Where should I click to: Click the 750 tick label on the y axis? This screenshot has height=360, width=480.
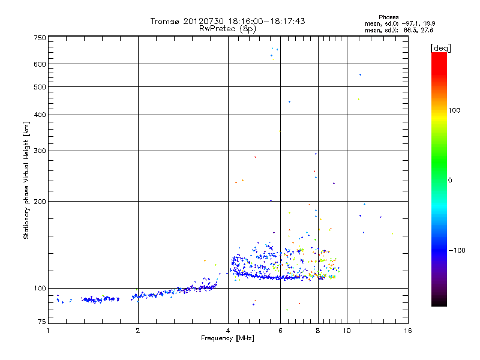click(40, 37)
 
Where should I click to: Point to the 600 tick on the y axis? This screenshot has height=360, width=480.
click(40, 64)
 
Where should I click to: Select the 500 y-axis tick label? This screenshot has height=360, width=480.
click(40, 86)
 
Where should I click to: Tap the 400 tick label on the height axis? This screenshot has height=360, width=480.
click(40, 115)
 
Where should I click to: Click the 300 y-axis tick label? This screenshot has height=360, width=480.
click(40, 151)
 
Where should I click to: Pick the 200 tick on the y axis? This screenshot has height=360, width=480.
click(40, 201)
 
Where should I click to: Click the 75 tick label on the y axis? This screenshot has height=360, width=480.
click(41, 323)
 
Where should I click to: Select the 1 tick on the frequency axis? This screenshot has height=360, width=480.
click(48, 330)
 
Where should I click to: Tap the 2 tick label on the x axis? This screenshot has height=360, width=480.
click(138, 330)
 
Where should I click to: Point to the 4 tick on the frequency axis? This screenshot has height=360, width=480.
click(228, 330)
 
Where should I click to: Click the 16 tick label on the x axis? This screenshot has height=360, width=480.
click(407, 330)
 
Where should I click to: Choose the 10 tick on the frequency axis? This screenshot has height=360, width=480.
click(346, 330)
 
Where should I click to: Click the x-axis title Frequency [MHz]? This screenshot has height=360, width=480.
click(228, 338)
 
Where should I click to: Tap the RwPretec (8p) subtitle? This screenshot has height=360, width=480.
click(227, 28)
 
